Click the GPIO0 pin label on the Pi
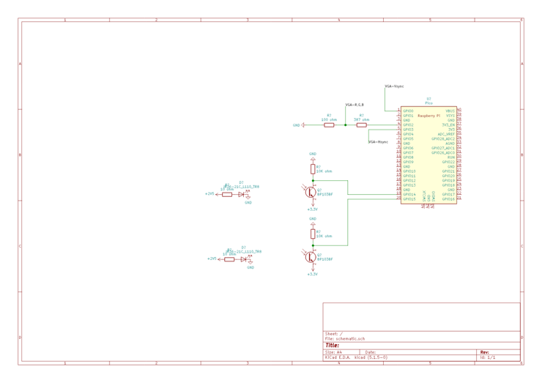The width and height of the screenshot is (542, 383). click(408, 111)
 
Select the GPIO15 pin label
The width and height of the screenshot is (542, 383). click(409, 199)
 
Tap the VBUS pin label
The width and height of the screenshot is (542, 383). click(450, 111)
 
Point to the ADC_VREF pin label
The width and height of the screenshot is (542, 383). click(447, 135)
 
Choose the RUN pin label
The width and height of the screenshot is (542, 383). click(451, 157)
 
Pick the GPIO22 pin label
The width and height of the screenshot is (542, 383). click(448, 162)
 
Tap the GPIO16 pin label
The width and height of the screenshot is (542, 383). click(448, 199)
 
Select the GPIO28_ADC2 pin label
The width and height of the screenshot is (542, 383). click(444, 139)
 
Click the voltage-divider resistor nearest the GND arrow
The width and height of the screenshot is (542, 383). click(329, 124)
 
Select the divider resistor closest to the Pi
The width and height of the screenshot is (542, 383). click(361, 124)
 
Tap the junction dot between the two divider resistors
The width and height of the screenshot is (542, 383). click(345, 124)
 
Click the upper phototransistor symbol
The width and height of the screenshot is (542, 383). click(311, 191)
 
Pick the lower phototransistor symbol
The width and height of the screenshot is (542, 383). click(311, 256)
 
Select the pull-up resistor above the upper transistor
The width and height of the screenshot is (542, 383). click(313, 168)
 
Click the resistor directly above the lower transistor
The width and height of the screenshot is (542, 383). click(313, 233)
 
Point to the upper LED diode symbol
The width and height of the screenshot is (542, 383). click(243, 194)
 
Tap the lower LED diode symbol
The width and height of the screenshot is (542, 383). click(245, 259)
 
